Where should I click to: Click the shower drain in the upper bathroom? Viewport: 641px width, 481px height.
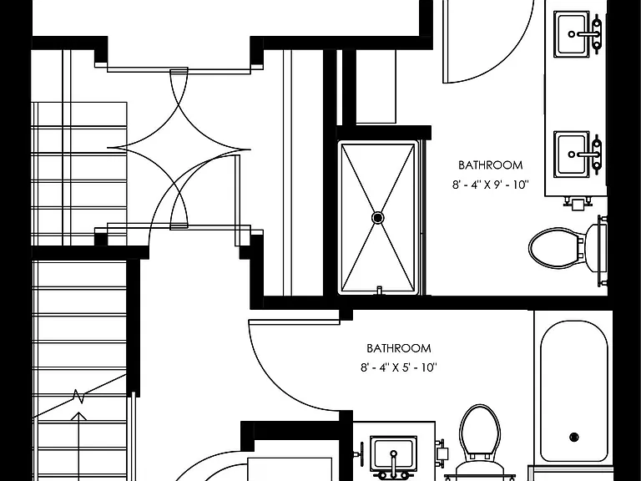378,218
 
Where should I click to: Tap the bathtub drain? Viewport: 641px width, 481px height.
574,437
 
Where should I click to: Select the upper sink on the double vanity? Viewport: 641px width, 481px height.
572,34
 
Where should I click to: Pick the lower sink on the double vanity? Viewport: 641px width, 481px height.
572,154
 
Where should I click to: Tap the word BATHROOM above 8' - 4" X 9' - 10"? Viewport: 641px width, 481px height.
490,165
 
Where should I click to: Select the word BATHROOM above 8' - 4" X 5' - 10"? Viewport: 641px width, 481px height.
399,348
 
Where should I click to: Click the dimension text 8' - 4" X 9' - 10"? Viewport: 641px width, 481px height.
490,185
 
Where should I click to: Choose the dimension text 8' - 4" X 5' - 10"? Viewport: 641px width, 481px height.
399,367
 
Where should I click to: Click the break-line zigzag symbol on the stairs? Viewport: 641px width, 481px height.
78,397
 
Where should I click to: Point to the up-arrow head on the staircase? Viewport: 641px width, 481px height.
79,417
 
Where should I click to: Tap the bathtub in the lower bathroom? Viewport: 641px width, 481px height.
574,392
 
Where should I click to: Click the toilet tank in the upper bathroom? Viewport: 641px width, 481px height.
596,248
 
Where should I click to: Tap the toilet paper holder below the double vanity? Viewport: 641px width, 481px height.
578,203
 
